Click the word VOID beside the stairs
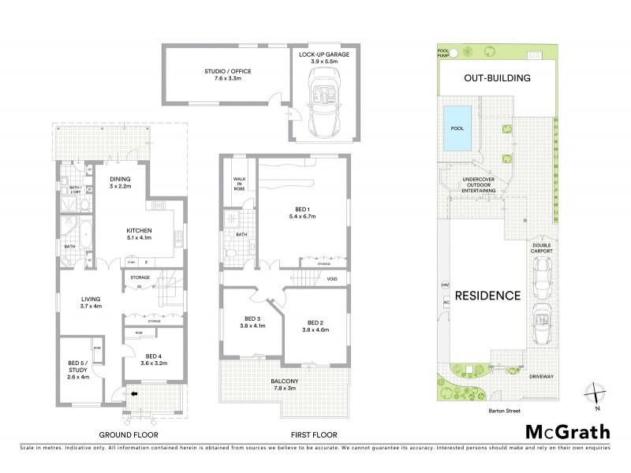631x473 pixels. (x=332, y=279)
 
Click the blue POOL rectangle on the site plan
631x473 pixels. (x=457, y=128)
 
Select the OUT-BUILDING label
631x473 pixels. (x=496, y=78)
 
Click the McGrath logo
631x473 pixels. (x=567, y=431)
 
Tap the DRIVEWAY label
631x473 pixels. (x=542, y=376)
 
